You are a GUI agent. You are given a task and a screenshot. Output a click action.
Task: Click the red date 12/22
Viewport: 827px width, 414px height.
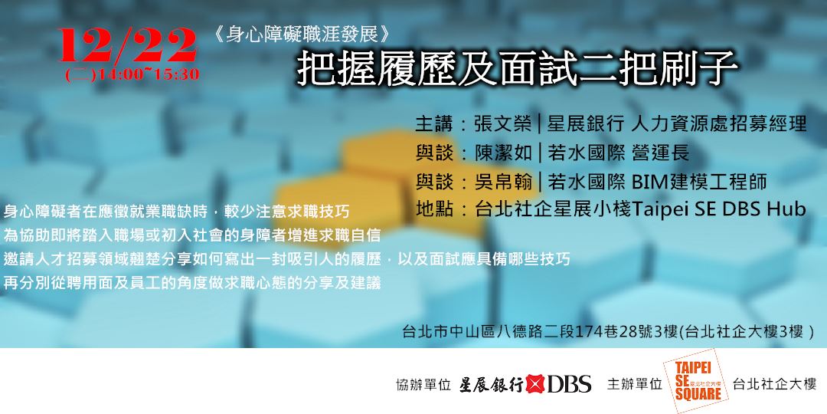(x=126, y=47)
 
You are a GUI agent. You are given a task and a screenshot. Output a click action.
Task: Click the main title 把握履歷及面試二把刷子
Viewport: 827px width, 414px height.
(x=517, y=70)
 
